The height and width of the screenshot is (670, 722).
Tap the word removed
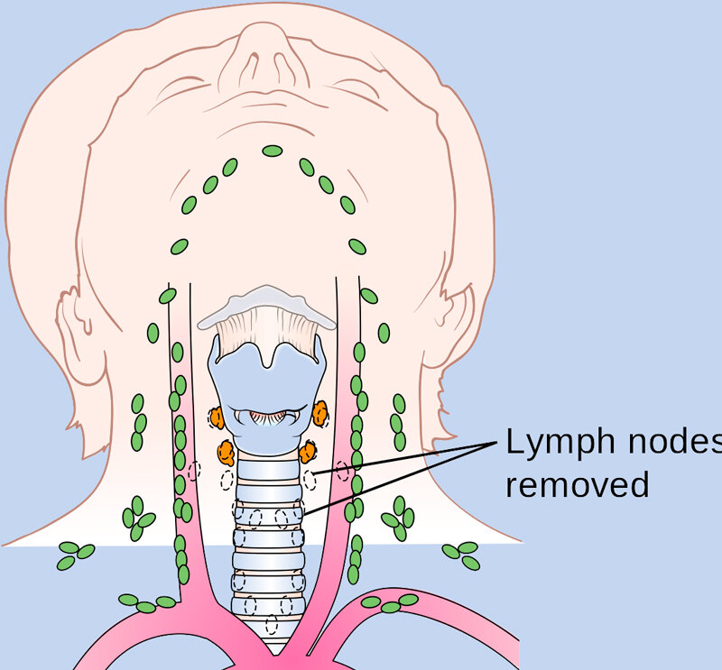point(578,484)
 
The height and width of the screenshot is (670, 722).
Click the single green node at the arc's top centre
point(273,151)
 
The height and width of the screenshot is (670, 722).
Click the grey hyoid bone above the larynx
point(266,307)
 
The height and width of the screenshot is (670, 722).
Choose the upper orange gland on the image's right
point(320,413)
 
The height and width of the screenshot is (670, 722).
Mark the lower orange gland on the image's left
point(227,453)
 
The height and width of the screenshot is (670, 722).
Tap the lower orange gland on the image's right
point(308,452)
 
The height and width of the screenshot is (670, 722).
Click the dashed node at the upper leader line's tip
point(310,480)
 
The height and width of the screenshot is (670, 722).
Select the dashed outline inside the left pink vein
point(194,472)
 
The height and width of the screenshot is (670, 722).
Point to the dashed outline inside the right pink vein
point(342,471)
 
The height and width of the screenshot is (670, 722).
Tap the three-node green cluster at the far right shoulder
point(461,555)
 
